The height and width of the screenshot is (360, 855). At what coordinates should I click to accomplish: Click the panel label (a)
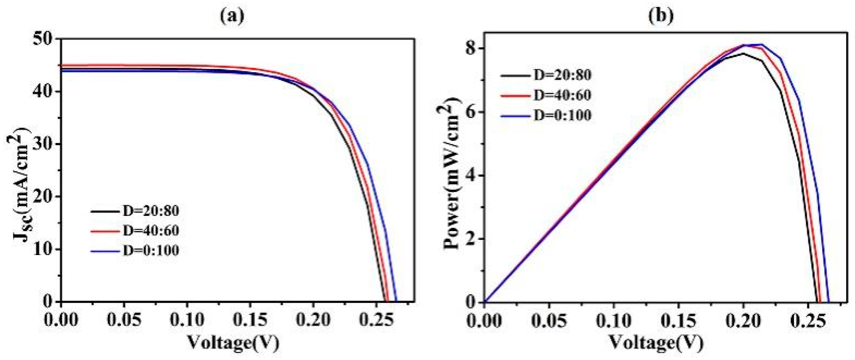(x=232, y=16)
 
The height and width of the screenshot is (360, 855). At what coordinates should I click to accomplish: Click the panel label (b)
(x=661, y=16)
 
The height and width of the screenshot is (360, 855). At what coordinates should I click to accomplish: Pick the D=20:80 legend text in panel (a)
(x=150, y=211)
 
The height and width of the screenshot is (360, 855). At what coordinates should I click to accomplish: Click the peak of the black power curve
(x=743, y=53)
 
